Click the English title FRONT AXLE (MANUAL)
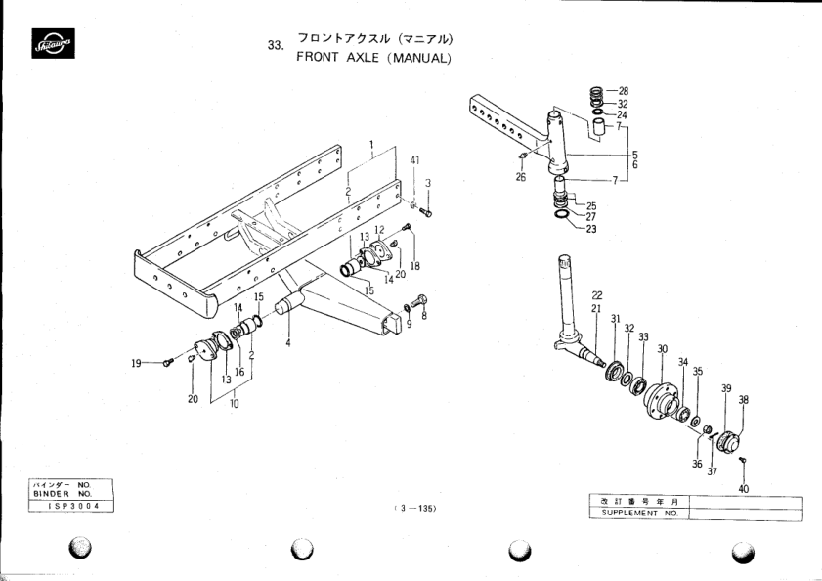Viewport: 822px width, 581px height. coord(373,58)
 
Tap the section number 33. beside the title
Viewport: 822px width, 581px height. coord(275,46)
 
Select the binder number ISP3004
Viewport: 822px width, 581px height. coord(73,506)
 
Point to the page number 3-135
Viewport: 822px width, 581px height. coord(414,508)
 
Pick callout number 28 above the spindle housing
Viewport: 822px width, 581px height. coord(623,91)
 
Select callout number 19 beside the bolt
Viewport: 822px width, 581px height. coord(138,362)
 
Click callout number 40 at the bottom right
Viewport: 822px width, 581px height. coord(744,488)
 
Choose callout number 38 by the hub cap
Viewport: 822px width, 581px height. coord(744,399)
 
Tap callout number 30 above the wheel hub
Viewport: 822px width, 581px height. coord(662,349)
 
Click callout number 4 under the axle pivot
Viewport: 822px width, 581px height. coord(288,343)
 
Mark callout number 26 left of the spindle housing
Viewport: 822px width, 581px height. coord(520,177)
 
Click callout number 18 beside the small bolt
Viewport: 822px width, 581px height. coord(415,265)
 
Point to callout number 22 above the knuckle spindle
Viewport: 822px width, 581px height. coord(596,295)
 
